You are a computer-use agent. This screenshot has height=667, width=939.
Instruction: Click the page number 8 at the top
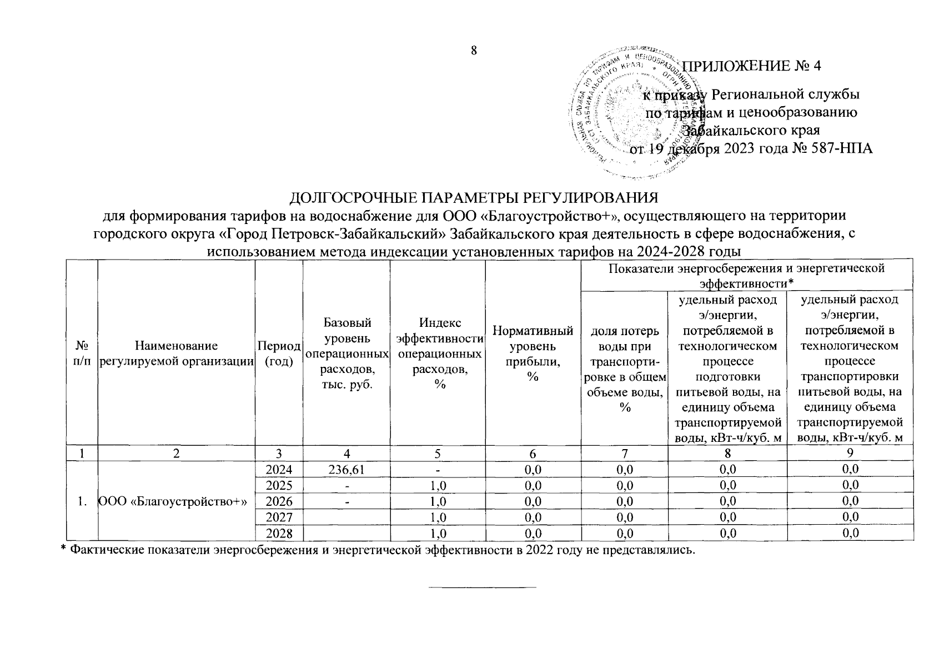coord(474,51)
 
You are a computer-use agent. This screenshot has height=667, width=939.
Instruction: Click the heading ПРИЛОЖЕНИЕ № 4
coord(751,66)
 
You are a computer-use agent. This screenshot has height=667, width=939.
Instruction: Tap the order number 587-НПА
coord(842,148)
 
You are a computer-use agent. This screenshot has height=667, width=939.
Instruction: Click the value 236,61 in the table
coord(346,469)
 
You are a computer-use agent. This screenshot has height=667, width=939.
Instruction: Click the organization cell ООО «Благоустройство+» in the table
coord(172,501)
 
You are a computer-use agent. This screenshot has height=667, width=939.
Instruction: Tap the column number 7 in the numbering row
coord(624,453)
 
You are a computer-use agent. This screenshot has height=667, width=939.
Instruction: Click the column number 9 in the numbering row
coord(850,453)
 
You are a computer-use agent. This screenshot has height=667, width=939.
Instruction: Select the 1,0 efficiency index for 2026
coord(438,501)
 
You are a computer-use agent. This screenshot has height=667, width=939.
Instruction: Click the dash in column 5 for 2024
coord(438,469)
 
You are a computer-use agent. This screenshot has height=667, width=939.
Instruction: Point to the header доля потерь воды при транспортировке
coord(624,369)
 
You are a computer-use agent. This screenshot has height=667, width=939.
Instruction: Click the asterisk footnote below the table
coord(378,550)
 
